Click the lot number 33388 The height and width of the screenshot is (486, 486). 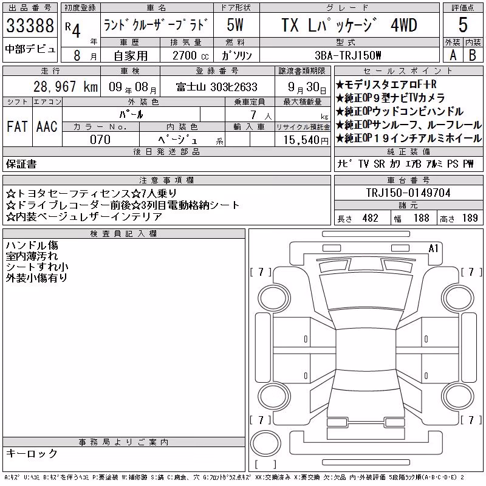[30, 26]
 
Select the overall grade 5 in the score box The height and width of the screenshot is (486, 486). [463, 25]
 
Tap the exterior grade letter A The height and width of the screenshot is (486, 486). [453, 55]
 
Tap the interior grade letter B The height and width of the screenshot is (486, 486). [473, 55]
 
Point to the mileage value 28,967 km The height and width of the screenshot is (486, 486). [66, 87]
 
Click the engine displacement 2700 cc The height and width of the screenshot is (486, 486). [190, 55]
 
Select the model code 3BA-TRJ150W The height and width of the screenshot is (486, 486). [347, 55]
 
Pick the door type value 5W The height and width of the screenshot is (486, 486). [235, 25]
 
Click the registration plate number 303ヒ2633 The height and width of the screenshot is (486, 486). [234, 87]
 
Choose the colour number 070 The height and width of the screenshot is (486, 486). [100, 140]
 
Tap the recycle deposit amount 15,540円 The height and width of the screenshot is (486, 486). [306, 140]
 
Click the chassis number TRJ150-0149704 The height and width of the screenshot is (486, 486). [408, 193]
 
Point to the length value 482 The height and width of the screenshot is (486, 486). [370, 218]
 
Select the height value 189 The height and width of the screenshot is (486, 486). [470, 218]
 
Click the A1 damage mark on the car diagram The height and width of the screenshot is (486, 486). [433, 248]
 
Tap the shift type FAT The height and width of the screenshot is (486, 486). [17, 126]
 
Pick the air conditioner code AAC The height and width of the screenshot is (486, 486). [47, 126]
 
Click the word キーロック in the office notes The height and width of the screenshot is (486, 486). [32, 453]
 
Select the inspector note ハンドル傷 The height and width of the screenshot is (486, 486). [32, 245]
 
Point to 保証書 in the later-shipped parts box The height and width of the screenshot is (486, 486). [21, 164]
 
